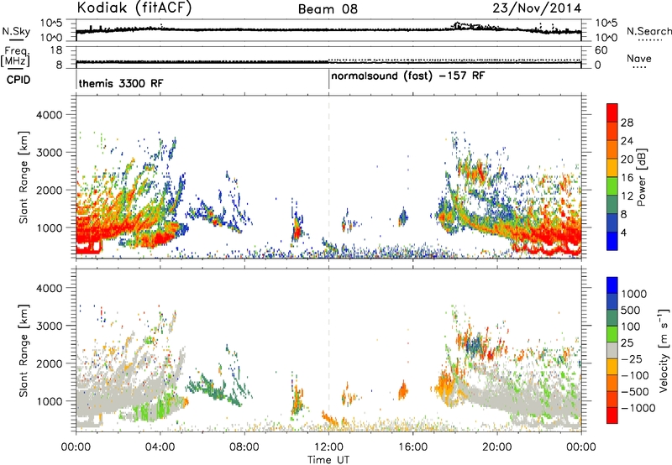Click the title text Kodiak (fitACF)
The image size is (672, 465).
coord(134,8)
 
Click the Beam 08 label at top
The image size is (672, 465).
coord(328,9)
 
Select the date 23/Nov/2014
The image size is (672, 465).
coord(537,8)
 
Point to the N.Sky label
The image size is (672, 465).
coord(16,31)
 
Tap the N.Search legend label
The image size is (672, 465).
coord(648,31)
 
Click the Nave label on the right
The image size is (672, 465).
coord(639,58)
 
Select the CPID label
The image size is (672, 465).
coord(18,80)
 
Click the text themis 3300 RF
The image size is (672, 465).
coord(121,83)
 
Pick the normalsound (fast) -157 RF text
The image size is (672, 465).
coord(408,76)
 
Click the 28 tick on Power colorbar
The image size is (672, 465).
coord(627,123)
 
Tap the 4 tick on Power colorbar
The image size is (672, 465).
coord(624,233)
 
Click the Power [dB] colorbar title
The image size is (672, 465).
coord(641,177)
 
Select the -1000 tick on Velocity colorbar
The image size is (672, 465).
coord(638,408)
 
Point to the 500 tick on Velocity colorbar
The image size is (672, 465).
coord(631,311)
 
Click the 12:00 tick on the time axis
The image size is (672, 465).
coord(328,447)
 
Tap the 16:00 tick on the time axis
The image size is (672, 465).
coord(412,447)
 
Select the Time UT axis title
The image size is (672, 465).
coord(328,460)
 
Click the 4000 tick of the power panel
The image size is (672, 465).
coord(50,115)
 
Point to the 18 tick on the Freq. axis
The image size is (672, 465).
coord(56,50)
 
